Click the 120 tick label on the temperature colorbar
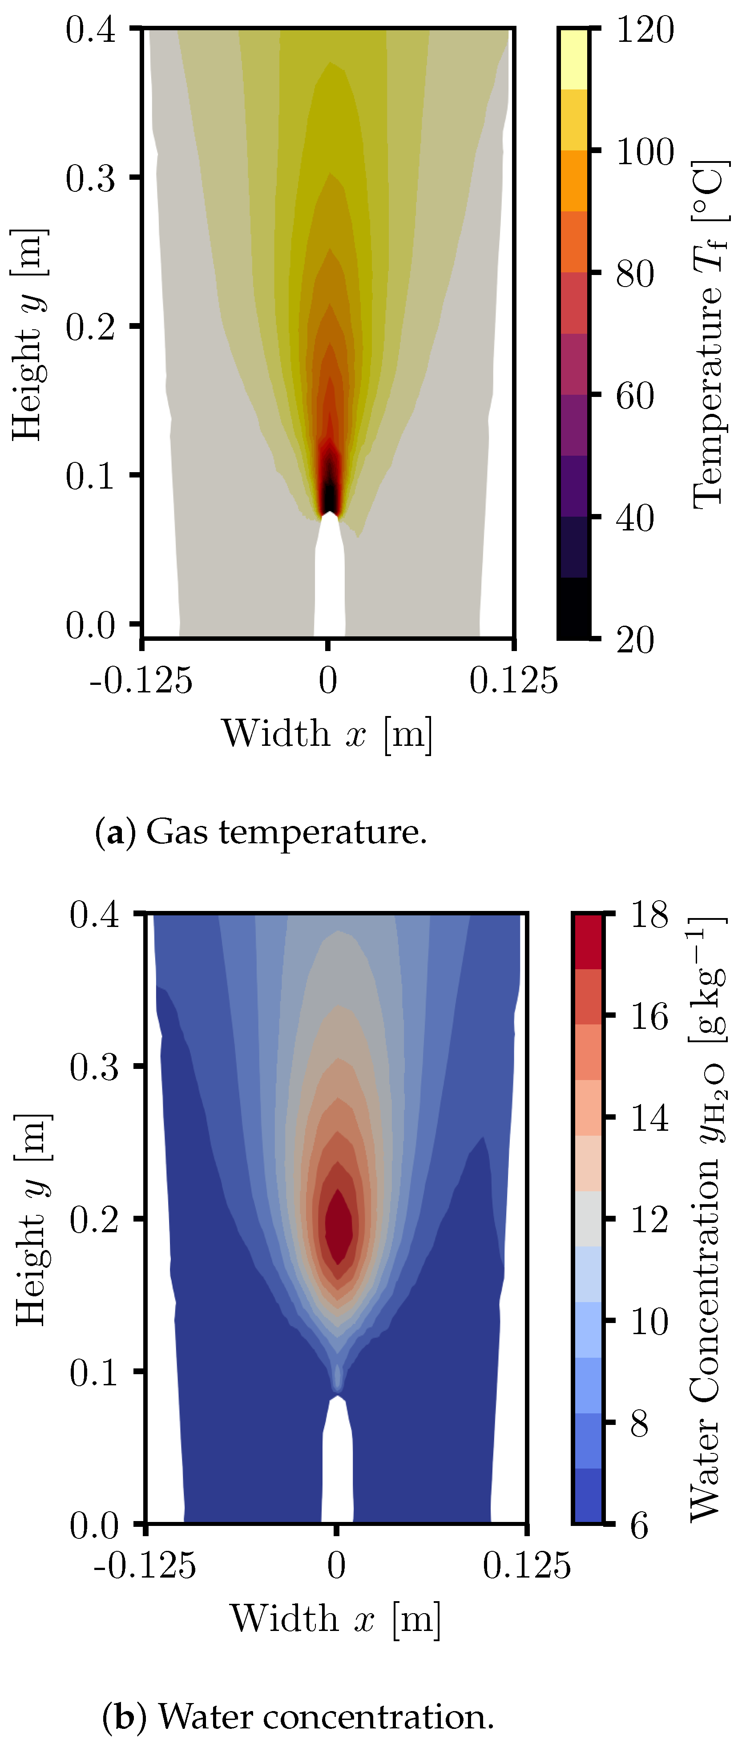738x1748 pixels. [x=645, y=31]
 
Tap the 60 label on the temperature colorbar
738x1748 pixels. [x=635, y=396]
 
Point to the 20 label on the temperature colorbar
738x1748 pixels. [x=635, y=640]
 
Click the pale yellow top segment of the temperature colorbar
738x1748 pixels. [x=574, y=59]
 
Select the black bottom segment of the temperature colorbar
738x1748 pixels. [x=574, y=608]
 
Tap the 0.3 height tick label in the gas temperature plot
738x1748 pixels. [x=91, y=178]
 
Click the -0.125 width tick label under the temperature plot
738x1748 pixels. [x=141, y=680]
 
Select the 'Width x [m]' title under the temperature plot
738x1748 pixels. [x=327, y=734]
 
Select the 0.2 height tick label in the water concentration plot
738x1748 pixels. [x=94, y=1219]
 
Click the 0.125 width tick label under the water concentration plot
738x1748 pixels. [x=526, y=1566]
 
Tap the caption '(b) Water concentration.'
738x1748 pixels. [x=298, y=1717]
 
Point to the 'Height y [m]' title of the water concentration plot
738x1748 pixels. [x=31, y=1219]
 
